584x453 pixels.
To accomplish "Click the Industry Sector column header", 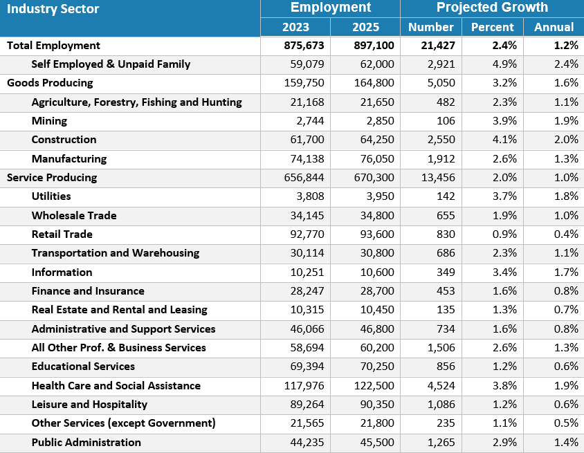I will pos(53,9).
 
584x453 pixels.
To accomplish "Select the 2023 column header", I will pos(295,27).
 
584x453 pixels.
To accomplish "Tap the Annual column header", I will pos(554,27).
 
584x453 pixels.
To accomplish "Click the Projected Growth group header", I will pos(492,8).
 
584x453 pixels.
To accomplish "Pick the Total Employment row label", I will pos(54,46).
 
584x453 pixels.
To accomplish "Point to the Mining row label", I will pos(49,121).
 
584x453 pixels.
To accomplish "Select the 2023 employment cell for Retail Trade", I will pos(306,234).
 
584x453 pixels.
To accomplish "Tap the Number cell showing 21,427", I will pos(436,46).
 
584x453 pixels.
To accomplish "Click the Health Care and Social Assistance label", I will pos(116,386).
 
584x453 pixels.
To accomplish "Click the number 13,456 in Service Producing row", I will pos(436,178).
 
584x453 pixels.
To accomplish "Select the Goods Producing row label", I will pos(50,83).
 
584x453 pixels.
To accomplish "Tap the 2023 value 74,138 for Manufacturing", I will pos(306,159).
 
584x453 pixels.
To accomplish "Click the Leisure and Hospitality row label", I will pos(89,405).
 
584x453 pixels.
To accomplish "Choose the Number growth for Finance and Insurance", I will pos(443,291).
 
